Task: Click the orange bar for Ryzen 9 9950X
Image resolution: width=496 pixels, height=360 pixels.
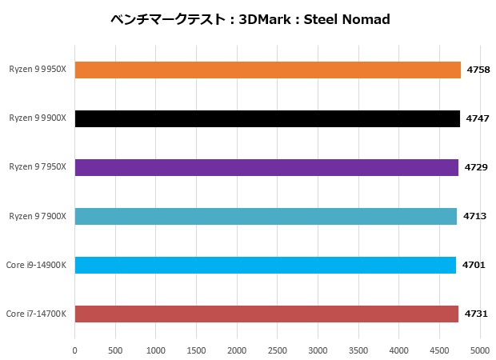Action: click(x=267, y=70)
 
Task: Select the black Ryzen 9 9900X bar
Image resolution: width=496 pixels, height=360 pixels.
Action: click(x=267, y=118)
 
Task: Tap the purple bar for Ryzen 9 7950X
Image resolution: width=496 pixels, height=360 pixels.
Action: click(x=266, y=167)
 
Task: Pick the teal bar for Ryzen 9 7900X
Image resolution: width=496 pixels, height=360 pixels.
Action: click(x=266, y=216)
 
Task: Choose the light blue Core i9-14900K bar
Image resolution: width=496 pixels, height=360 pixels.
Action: click(x=265, y=265)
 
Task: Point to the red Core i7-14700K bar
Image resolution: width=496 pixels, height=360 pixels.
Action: click(x=266, y=314)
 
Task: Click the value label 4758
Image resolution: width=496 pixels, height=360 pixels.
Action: click(x=478, y=70)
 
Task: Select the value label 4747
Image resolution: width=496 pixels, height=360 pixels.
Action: click(x=477, y=118)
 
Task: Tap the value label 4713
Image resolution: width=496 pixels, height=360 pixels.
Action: click(x=474, y=216)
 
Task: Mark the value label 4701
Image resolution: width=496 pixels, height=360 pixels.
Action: click(x=473, y=265)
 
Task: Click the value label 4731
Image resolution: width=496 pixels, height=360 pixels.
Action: click(x=475, y=314)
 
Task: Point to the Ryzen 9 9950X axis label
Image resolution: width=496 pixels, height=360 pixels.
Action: click(x=38, y=70)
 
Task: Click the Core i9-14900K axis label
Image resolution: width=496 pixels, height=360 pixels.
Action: click(x=36, y=265)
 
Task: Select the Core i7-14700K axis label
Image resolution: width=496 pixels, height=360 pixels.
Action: click(x=36, y=314)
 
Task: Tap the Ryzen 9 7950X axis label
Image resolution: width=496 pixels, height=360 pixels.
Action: click(x=38, y=167)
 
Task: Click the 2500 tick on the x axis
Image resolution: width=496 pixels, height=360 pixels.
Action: click(x=278, y=350)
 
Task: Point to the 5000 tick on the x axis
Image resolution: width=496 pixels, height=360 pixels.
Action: click(x=480, y=350)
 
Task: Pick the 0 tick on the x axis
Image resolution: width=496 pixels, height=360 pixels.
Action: click(x=74, y=350)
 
